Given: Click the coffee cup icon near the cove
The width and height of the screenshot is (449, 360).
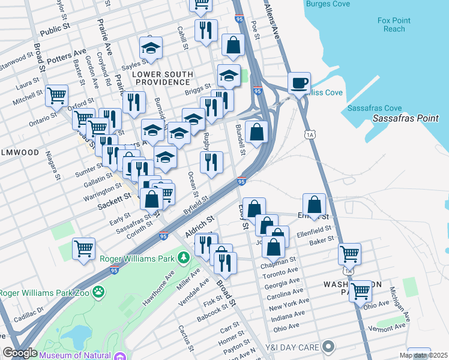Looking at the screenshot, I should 298,83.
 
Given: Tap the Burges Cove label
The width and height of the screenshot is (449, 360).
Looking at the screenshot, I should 328,4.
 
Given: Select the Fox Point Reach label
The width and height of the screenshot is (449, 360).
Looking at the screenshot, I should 394,25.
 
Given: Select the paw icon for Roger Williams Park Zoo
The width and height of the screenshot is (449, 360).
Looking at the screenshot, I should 98,293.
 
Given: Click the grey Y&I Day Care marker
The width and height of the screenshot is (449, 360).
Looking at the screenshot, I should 328,346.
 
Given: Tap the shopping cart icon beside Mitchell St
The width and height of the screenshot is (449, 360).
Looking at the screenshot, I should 56,94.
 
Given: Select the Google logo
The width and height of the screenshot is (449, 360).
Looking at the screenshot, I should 20,353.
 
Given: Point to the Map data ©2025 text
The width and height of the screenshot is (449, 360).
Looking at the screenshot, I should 423,355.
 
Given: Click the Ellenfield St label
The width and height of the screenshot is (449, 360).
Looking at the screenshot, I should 314,229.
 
